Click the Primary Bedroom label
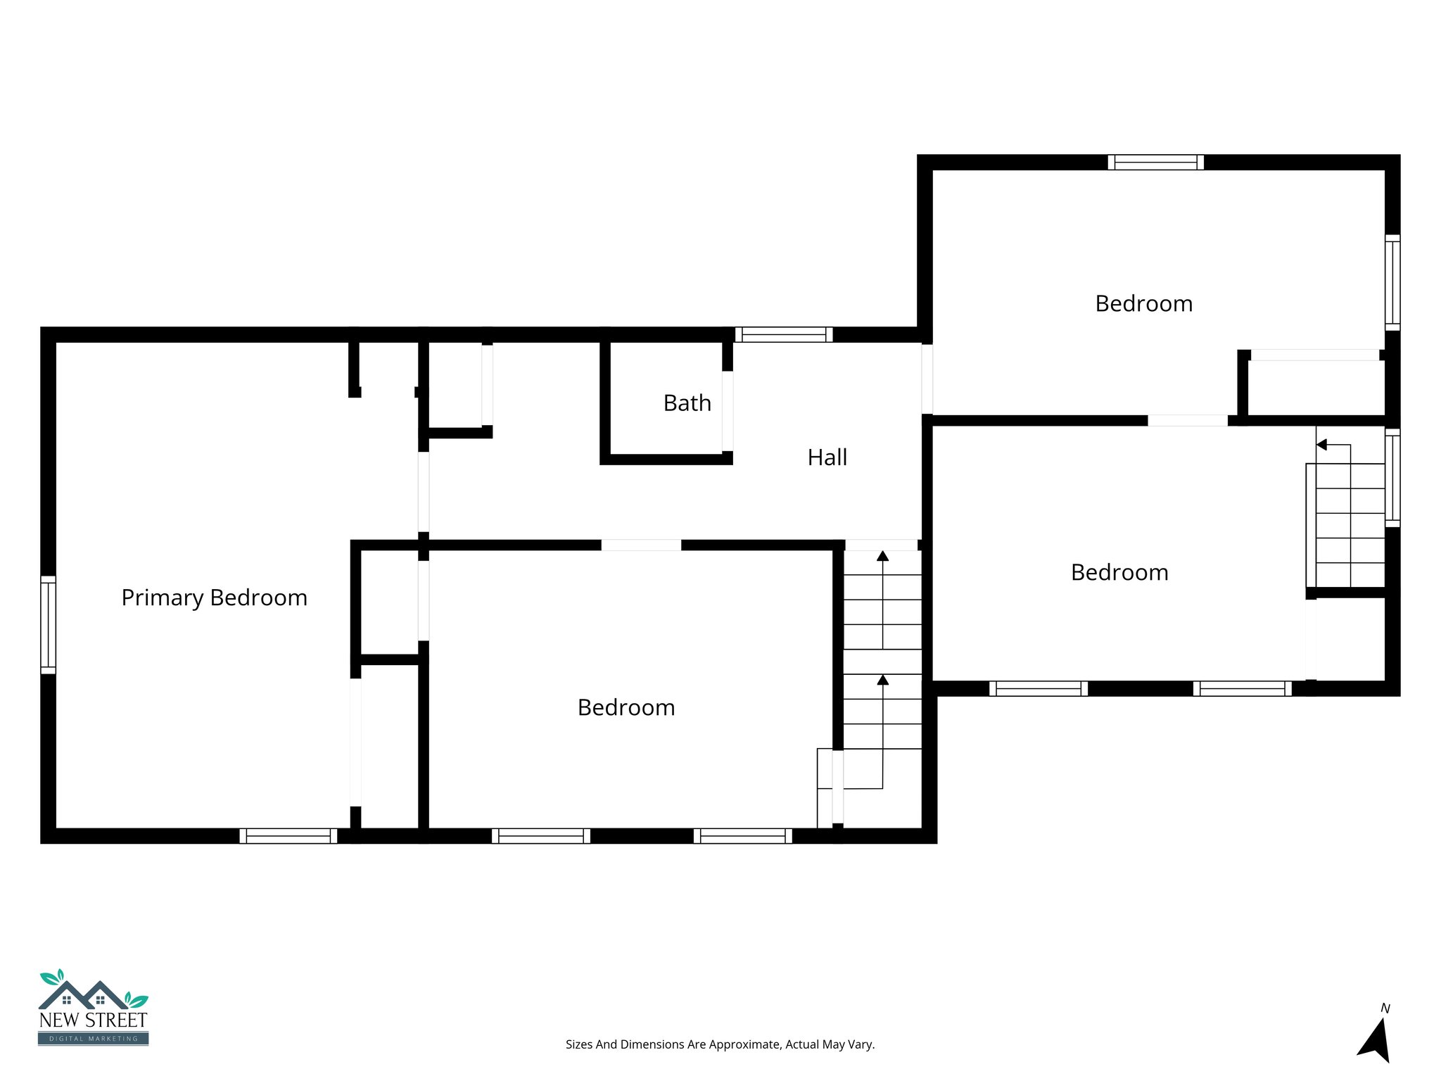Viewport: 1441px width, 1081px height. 214,598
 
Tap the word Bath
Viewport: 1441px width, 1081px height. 687,403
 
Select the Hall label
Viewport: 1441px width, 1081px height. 827,457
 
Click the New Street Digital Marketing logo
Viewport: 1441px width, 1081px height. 93,1008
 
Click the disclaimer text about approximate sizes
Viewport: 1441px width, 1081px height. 720,1044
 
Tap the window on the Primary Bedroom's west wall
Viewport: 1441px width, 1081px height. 48,625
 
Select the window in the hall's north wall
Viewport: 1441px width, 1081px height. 784,334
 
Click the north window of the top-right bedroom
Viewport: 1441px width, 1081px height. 1155,163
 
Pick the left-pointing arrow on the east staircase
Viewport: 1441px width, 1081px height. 1321,445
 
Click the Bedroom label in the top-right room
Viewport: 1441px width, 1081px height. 1143,304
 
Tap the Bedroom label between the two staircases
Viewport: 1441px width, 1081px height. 1119,572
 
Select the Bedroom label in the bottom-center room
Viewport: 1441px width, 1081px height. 626,707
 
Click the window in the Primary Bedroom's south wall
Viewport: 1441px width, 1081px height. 288,835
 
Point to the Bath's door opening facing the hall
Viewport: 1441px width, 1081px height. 728,411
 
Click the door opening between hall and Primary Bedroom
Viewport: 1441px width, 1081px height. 424,492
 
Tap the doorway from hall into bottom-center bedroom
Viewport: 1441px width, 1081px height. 641,545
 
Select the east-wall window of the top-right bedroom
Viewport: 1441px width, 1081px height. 1392,282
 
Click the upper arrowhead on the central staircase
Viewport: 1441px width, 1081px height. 882,556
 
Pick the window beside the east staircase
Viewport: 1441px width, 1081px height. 1392,478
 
